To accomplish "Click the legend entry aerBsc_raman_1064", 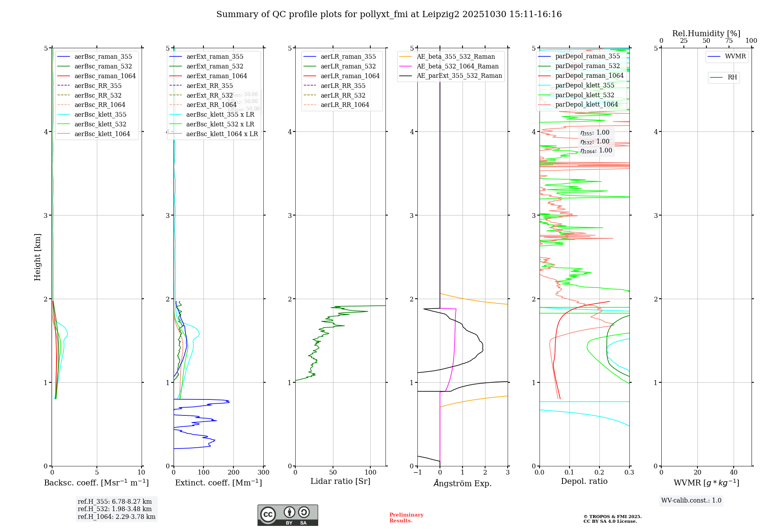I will point(105,76).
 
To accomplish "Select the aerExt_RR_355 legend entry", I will point(209,86).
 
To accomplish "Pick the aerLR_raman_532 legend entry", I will point(348,66).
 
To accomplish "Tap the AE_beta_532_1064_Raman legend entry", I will point(457,66).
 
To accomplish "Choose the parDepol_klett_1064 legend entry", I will point(586,104).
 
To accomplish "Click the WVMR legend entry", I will point(735,56).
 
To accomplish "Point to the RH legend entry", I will point(732,77).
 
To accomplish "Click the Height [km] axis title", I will point(37,257).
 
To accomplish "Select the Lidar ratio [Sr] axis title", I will point(340,481).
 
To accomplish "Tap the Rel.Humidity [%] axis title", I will point(706,33).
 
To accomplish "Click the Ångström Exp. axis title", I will point(463,483).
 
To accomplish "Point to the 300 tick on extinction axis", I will point(263,473).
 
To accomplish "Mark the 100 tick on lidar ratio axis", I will point(370,473).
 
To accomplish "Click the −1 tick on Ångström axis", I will point(417,473).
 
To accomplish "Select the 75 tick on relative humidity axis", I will point(729,41).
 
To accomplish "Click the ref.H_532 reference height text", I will point(115,509).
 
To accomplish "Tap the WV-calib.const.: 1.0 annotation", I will point(691,501).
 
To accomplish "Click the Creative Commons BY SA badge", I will point(287,515).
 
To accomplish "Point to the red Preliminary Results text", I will point(406,518).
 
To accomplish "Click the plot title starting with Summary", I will point(389,14).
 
